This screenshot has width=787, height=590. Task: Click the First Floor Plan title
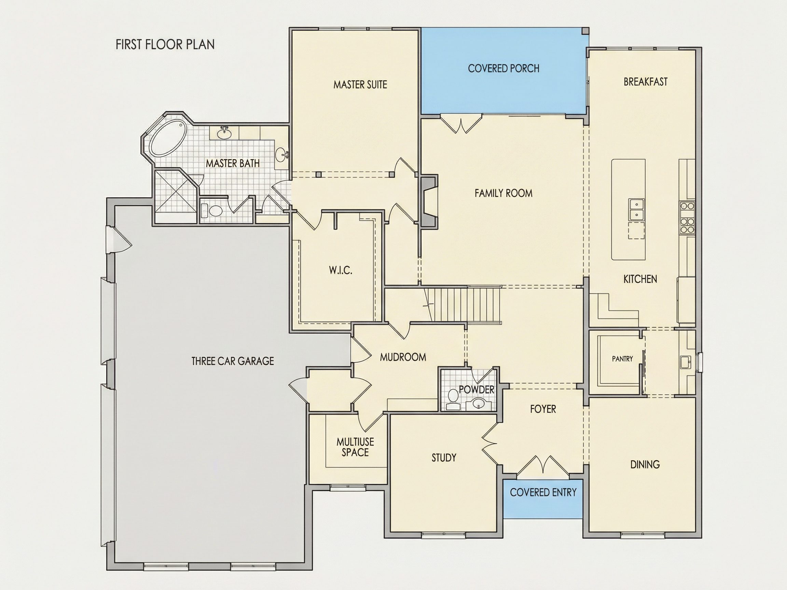tap(165, 44)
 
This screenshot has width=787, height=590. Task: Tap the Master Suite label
tap(360, 85)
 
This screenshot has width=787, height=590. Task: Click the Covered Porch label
tap(503, 68)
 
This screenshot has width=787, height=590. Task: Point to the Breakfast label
tap(645, 82)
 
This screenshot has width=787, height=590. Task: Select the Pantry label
tap(622, 359)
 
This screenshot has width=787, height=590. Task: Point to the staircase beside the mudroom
tap(462, 305)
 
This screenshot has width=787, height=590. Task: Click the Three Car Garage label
tap(233, 361)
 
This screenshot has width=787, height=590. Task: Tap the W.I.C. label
tap(341, 270)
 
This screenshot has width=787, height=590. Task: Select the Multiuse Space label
tap(355, 447)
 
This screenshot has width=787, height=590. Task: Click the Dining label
tap(645, 464)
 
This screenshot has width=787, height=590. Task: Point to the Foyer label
tap(543, 409)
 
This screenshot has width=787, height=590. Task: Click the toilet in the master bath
tap(212, 211)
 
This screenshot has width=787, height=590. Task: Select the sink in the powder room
tap(479, 403)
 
